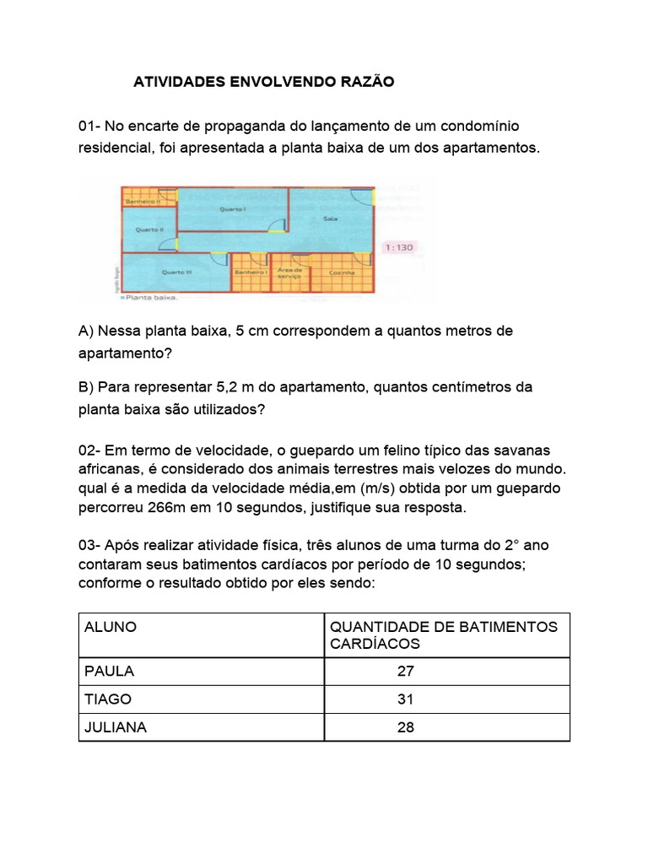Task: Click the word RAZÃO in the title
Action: tap(364, 83)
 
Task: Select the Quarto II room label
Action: tap(149, 229)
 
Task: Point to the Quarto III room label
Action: tap(176, 272)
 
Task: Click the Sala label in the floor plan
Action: tap(330, 218)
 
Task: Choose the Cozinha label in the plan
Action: tap(342, 273)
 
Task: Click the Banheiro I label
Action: tap(251, 273)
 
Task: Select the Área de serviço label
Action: tap(290, 272)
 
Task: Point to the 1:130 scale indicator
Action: tap(399, 248)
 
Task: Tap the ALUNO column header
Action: tap(111, 628)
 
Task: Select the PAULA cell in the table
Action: tap(109, 672)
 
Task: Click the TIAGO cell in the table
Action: tap(108, 699)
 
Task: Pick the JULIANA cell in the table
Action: tap(116, 727)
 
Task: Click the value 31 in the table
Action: tap(405, 699)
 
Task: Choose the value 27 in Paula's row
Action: tap(405, 672)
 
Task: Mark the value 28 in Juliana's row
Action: tap(405, 727)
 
